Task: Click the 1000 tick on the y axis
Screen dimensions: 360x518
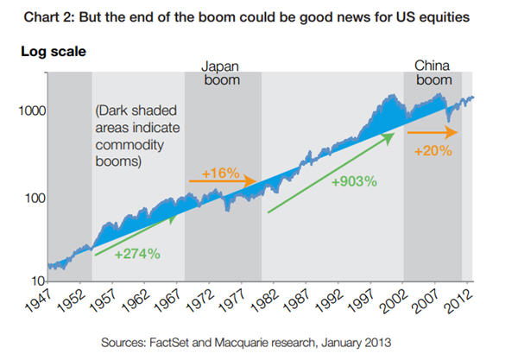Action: pos(33,111)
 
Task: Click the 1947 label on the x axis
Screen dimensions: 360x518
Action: pos(54,300)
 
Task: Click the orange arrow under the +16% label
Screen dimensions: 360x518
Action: pos(223,181)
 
